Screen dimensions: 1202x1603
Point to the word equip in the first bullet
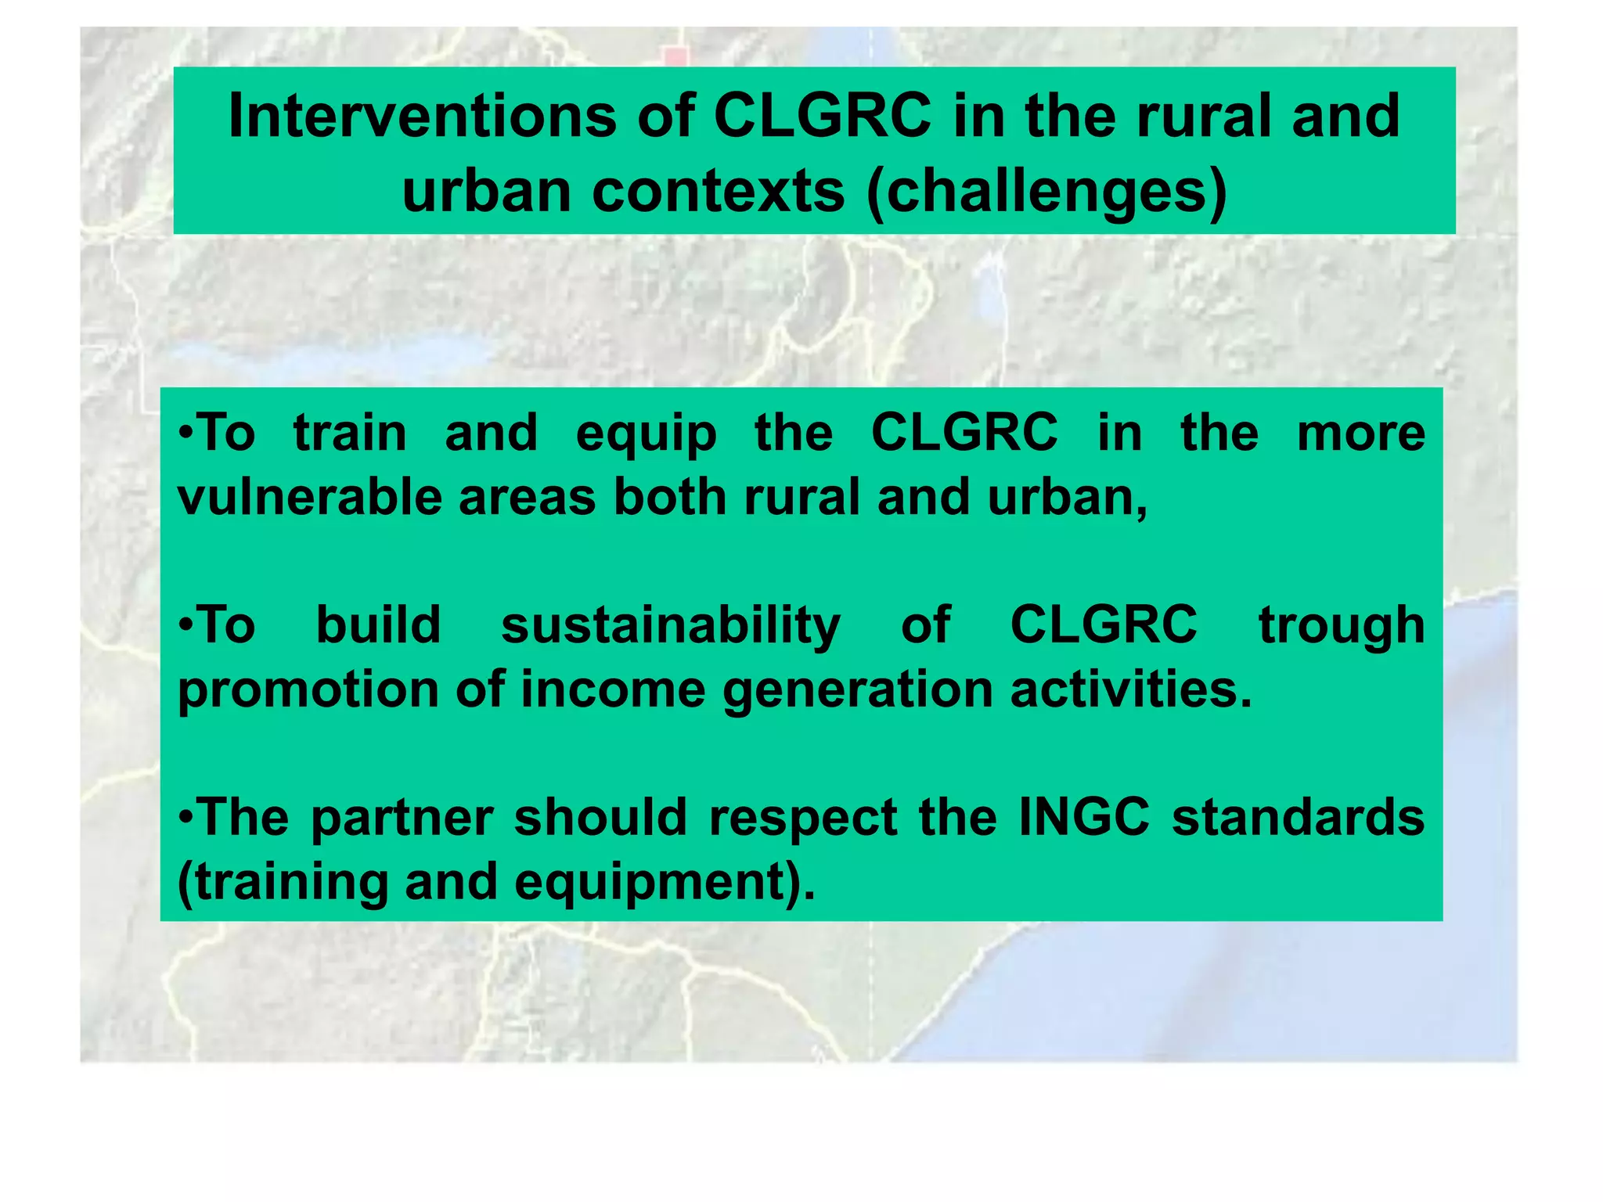(646, 433)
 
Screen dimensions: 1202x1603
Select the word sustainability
(670, 625)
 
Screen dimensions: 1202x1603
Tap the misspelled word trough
(1341, 625)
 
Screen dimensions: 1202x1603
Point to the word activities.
(1129, 690)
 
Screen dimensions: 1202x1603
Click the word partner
(402, 818)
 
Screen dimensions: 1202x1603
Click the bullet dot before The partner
(185, 818)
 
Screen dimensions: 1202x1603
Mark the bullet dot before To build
(185, 626)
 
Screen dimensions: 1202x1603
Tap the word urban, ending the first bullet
(1067, 498)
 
